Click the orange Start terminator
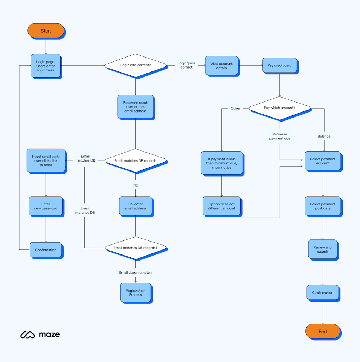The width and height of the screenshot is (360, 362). point(46,31)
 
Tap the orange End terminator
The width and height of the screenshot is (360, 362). point(322,331)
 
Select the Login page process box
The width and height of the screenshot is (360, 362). point(46,66)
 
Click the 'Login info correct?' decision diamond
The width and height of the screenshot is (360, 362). point(135,65)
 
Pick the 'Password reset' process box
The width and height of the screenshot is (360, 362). point(135,106)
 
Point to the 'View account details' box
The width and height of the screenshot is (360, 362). point(221,65)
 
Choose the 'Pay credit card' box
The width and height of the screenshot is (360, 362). point(280,65)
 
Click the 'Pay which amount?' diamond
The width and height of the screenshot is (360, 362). point(280,108)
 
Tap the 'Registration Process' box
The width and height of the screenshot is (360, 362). point(135,293)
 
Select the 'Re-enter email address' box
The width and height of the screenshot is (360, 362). point(135,206)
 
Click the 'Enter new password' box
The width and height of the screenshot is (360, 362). point(46,206)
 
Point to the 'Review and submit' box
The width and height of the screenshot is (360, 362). point(322,249)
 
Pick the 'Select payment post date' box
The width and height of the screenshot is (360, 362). point(322,206)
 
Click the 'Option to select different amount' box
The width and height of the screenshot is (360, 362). point(221,206)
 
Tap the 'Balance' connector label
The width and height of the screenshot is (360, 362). point(324,136)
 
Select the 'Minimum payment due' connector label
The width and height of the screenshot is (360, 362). point(280,136)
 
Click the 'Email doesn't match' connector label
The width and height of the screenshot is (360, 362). point(135,272)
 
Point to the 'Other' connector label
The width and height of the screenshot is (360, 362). point(235,108)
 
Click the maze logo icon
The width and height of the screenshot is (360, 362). point(27,335)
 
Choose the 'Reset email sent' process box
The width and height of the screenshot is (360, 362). point(46,161)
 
